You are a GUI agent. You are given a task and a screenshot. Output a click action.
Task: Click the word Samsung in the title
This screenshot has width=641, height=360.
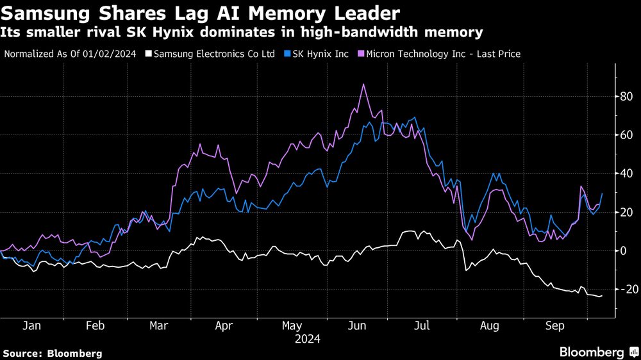tap(40, 13)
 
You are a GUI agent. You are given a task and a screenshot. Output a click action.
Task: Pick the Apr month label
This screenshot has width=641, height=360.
tap(224, 325)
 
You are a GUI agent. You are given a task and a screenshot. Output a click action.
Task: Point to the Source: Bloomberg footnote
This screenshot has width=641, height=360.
tap(53, 353)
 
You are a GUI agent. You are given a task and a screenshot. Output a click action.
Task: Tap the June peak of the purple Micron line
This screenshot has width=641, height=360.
tap(363, 85)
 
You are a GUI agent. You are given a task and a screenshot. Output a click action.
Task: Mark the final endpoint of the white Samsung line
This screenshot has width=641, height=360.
tap(601, 296)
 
